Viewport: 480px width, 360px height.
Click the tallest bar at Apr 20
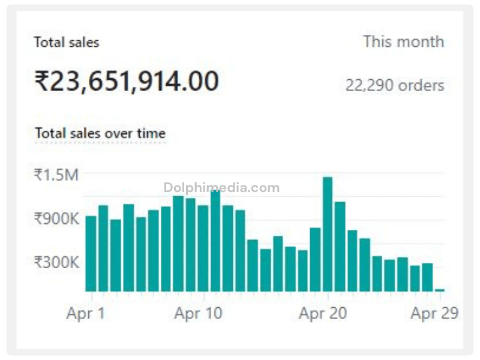[328, 234]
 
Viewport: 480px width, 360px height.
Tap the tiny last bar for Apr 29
[440, 290]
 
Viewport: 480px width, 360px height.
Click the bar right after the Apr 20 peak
[340, 246]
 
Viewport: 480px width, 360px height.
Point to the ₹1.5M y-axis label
[56, 175]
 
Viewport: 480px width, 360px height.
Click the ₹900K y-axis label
[56, 218]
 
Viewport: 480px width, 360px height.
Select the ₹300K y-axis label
[56, 262]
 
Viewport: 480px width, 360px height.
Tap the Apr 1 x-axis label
[85, 313]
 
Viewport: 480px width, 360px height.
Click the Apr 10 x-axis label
[199, 313]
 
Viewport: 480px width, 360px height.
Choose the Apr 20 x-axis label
[323, 313]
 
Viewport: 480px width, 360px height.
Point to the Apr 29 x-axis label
[434, 313]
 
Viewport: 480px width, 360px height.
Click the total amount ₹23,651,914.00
[127, 81]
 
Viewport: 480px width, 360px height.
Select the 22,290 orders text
[395, 85]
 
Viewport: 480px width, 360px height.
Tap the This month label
[403, 42]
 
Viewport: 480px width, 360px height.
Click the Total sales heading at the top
[67, 43]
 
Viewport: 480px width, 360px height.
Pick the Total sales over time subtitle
[100, 133]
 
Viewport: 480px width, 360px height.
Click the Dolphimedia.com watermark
[221, 188]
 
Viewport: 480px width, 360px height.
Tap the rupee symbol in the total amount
[41, 82]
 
